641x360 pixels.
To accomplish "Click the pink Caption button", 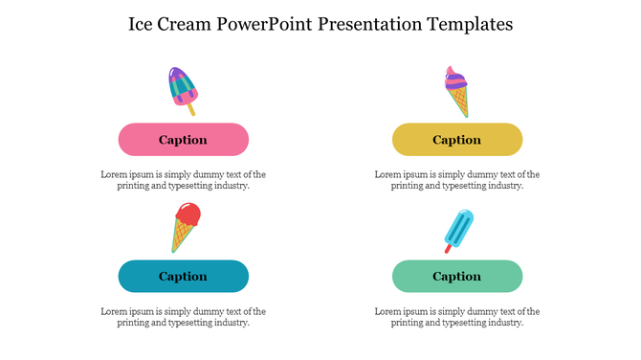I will coord(183,140).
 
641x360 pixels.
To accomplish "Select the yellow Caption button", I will coord(457,140).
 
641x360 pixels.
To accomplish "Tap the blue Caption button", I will coord(183,277).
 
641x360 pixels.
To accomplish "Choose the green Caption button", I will coord(457,277).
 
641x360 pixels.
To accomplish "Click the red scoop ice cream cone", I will coord(185,227).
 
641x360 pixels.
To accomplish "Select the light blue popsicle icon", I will coord(459,229).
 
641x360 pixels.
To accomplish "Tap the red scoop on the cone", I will coord(189,214).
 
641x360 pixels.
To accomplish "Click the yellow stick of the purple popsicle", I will coord(191,110).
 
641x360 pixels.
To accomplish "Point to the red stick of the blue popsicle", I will coord(447,249).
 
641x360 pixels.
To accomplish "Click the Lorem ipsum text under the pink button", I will coord(183,180).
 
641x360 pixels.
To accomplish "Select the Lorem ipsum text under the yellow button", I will coord(457,180).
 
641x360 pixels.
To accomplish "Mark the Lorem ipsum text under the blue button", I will coord(183,317).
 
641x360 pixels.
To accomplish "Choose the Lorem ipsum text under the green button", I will coord(457,317).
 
